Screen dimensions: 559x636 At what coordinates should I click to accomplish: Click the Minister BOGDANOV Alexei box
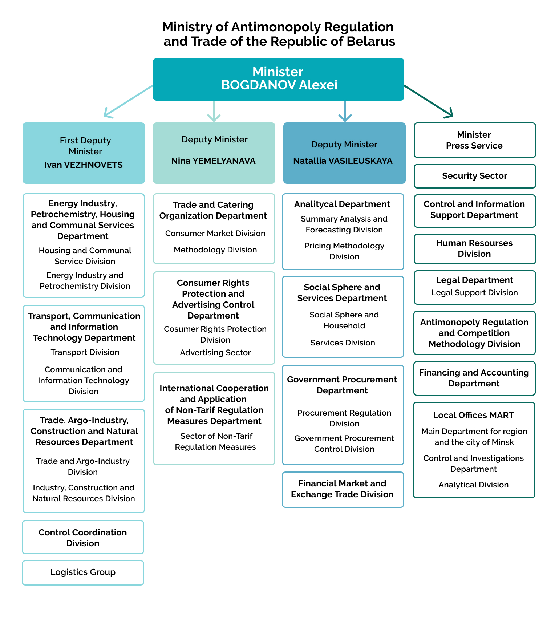(278, 79)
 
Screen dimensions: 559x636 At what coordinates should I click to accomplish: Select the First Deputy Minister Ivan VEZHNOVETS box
(84, 153)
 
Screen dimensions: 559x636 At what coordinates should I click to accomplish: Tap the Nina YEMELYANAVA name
(214, 161)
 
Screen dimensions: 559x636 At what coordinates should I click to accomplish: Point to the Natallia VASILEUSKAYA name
(343, 161)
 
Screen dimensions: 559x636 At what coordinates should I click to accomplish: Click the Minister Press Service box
(475, 140)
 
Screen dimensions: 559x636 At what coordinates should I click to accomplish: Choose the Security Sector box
(475, 176)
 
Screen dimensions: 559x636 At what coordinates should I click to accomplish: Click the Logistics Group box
(83, 573)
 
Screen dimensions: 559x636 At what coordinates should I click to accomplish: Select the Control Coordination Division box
(83, 537)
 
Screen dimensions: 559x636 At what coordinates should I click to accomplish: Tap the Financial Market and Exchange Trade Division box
(343, 490)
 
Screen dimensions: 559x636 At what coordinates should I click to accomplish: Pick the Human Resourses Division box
(475, 249)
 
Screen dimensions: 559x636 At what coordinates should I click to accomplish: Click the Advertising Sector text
(215, 353)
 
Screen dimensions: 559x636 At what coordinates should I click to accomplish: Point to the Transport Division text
(85, 352)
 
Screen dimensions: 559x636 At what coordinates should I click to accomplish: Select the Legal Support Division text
(475, 293)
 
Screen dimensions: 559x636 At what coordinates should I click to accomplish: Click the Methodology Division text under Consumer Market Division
(215, 250)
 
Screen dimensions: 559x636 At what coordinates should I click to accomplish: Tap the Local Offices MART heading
(474, 415)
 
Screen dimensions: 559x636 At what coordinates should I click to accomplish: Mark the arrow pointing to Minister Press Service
(429, 101)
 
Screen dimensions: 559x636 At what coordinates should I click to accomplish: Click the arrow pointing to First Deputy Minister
(128, 101)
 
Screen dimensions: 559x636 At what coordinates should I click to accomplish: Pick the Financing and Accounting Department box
(474, 378)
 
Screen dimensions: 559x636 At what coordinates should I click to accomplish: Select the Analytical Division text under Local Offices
(474, 485)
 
